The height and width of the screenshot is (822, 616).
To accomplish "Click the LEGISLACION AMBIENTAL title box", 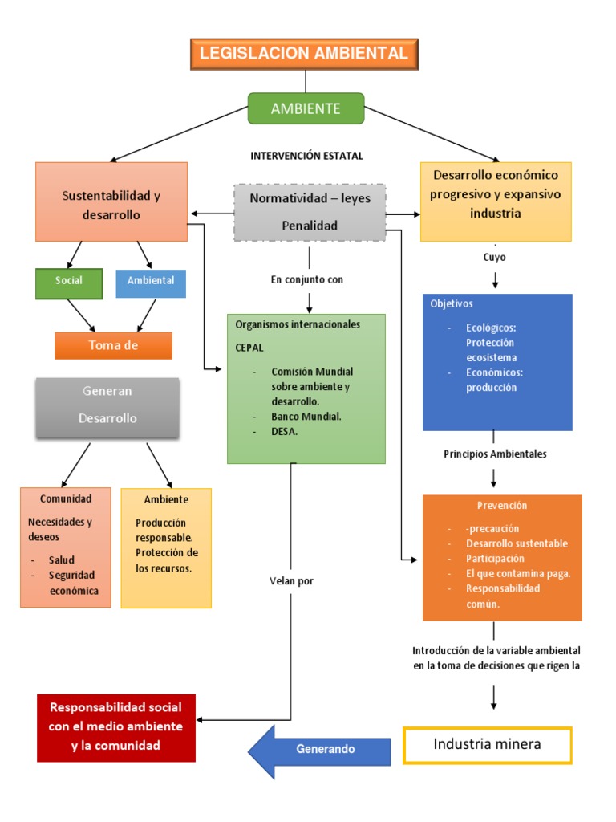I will click(303, 54).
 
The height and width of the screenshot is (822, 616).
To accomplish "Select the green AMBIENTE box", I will click(306, 108).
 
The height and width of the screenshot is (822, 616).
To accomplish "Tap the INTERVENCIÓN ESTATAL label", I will click(306, 156).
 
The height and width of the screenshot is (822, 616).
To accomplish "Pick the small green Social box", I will click(69, 282).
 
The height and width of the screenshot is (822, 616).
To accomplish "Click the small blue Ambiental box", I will click(151, 282).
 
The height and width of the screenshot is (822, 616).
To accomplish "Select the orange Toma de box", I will click(113, 345).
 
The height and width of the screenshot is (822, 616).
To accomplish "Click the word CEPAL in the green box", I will click(249, 348).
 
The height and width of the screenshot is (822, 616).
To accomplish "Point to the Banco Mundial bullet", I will click(306, 417).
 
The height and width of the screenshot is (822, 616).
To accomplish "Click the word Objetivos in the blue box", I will click(452, 304).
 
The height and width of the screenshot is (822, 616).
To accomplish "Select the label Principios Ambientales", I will click(495, 454).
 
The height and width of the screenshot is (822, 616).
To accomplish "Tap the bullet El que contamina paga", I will click(518, 573).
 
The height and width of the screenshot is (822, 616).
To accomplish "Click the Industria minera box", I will click(487, 745).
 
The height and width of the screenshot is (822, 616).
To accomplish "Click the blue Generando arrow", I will click(321, 749).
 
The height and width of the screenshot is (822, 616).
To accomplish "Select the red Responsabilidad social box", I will click(116, 727).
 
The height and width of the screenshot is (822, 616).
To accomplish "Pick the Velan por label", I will click(291, 581).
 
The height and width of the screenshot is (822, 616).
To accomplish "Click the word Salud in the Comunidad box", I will click(61, 560).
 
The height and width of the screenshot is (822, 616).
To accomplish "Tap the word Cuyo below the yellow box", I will click(494, 258).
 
